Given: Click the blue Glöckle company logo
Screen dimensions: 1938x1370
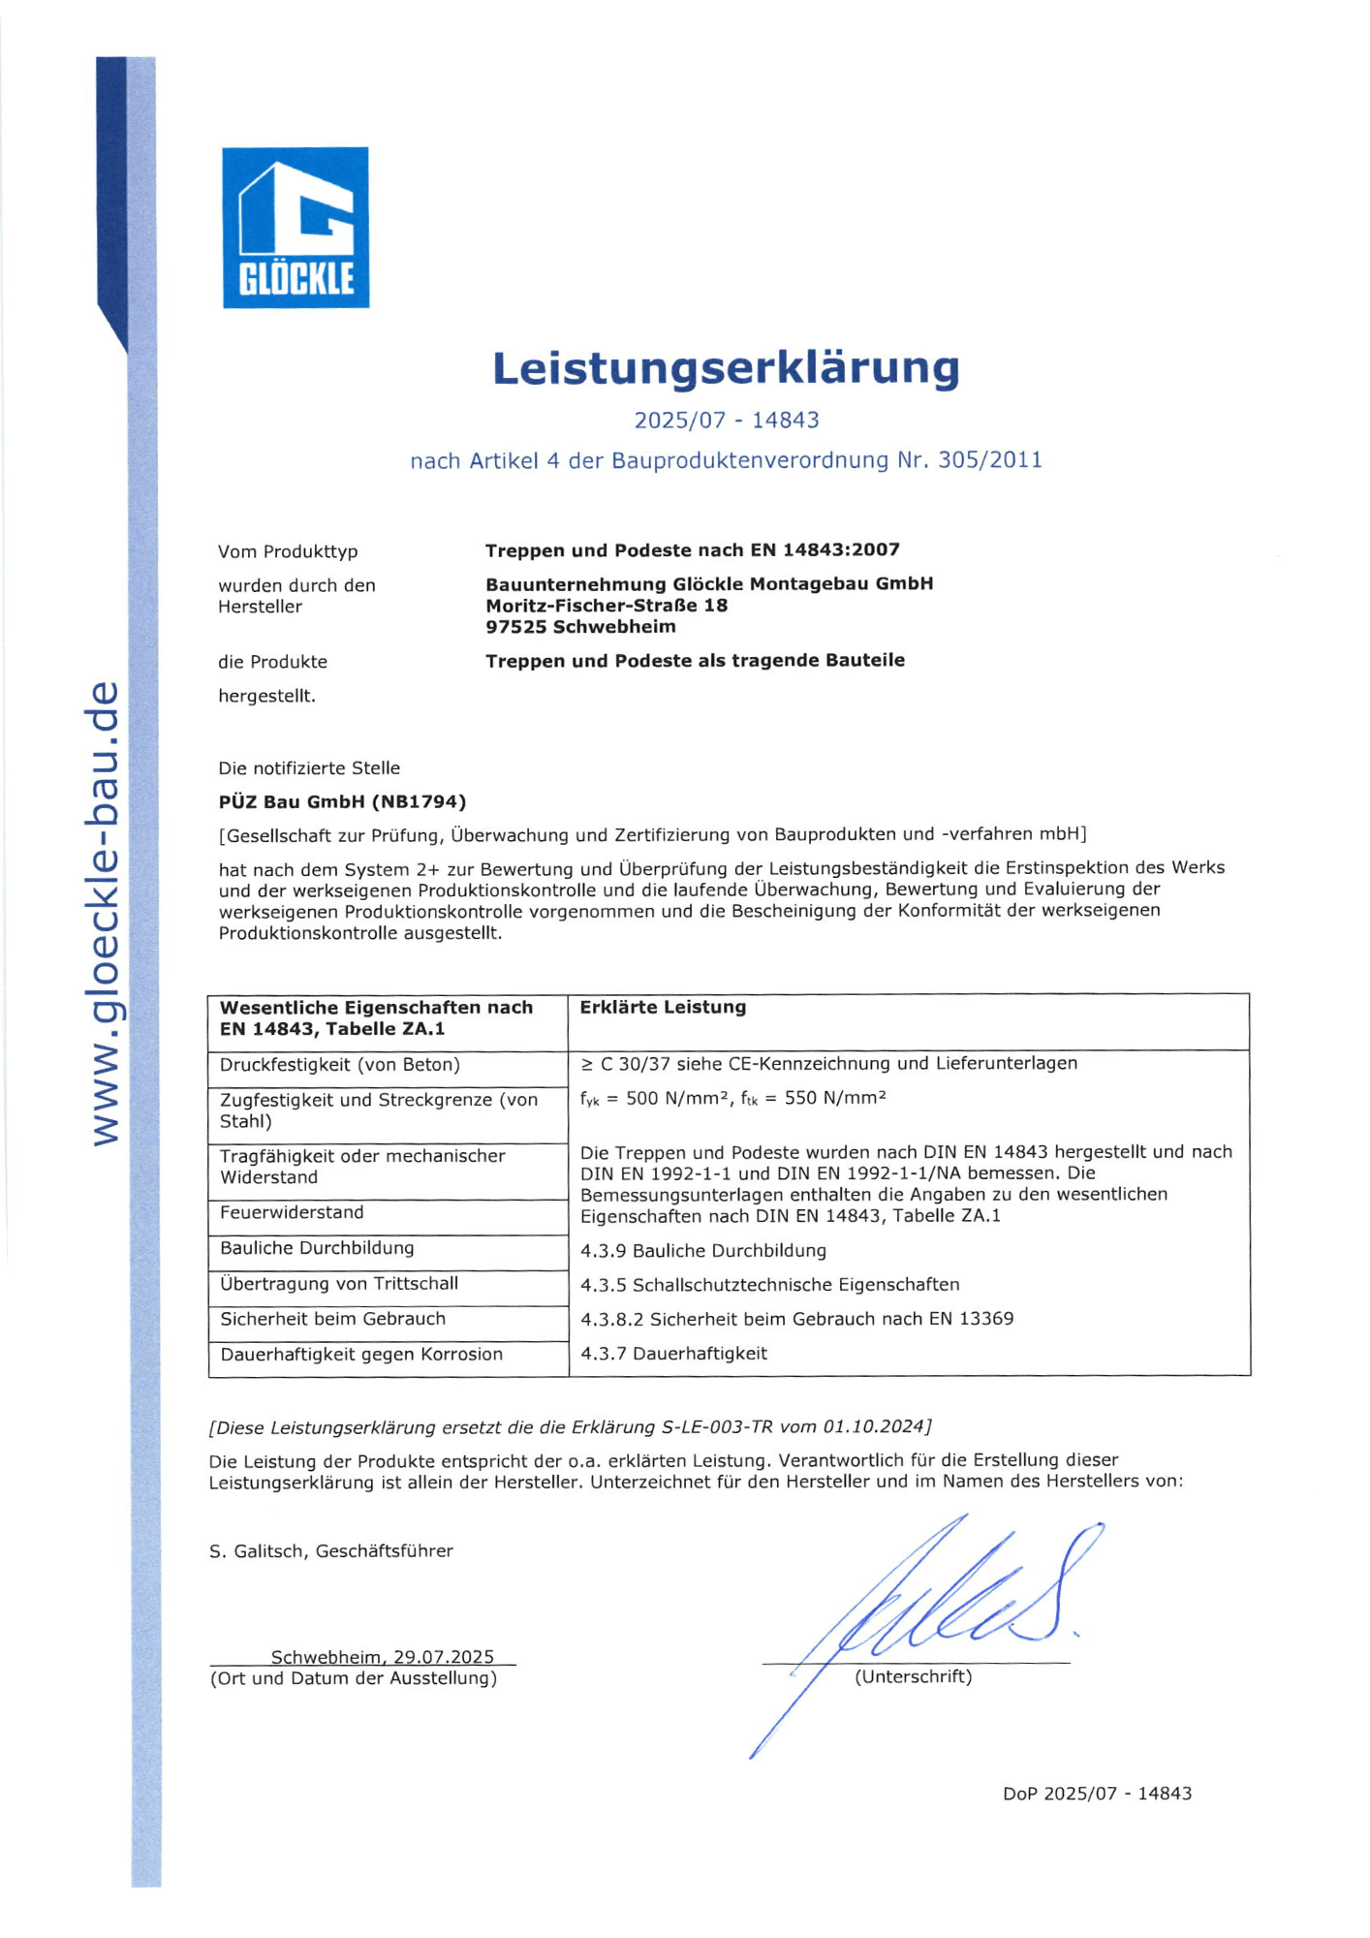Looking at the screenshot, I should coord(296,228).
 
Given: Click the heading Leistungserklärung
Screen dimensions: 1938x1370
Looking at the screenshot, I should coord(726,368).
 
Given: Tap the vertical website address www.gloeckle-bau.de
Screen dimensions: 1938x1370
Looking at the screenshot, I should coord(104,913).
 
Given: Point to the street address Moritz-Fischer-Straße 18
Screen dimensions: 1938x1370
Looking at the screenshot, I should coord(607,606).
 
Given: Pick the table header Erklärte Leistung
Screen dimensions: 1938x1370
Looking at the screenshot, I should coord(663,1008).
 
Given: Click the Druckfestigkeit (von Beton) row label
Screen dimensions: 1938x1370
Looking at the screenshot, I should coord(339,1065).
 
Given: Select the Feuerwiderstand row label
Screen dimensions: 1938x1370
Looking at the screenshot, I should coord(292,1213).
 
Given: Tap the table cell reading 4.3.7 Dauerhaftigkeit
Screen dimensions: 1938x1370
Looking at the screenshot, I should coord(673,1354).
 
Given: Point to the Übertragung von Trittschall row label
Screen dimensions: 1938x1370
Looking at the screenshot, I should coord(339,1284).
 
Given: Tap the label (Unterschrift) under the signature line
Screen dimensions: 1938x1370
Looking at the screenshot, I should coord(913,1677).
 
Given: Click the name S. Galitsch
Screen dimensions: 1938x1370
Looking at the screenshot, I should coord(257,1551).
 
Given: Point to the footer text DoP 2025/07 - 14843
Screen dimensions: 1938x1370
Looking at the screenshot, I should coord(1097,1794).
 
